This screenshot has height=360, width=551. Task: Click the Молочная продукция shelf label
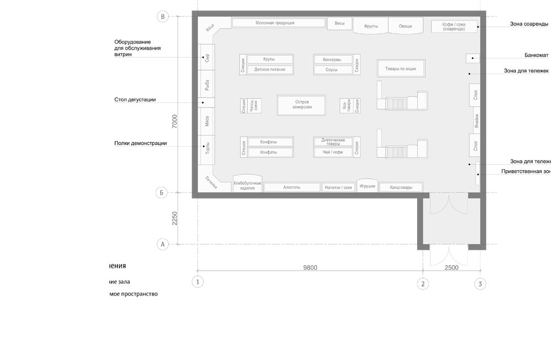[278, 23]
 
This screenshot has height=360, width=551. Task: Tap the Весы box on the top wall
[339, 24]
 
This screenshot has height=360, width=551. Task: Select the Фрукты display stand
[370, 26]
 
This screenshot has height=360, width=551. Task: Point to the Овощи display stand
[405, 26]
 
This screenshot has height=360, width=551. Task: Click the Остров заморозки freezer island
[300, 104]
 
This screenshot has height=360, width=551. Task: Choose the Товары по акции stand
[401, 68]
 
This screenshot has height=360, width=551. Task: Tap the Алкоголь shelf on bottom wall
[291, 187]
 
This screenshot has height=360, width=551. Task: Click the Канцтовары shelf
[403, 187]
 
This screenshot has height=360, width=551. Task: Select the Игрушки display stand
[367, 186]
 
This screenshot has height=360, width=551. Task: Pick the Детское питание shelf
[269, 70]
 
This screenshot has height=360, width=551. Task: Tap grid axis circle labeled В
[163, 17]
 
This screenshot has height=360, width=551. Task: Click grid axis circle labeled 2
[423, 283]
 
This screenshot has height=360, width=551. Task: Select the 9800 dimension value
[310, 267]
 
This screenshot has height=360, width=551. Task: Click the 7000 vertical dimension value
[175, 122]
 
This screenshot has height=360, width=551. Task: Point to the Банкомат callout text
[537, 56]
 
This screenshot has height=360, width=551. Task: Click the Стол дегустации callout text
[135, 100]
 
